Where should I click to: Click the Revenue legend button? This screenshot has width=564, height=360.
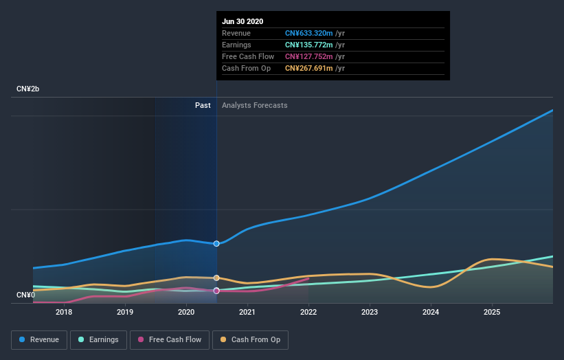(x=40, y=339)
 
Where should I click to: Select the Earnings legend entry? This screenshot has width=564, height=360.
(x=98, y=339)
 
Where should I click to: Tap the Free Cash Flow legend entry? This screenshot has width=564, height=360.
(x=170, y=339)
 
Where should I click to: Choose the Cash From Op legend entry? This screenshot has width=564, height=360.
(x=251, y=339)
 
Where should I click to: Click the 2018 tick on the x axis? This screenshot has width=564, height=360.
(x=64, y=312)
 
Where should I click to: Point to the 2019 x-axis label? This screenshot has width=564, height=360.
(x=125, y=312)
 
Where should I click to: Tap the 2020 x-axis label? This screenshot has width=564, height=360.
(x=186, y=312)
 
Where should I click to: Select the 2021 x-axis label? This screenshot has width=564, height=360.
(x=247, y=312)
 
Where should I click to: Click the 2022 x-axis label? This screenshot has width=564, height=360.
(x=308, y=312)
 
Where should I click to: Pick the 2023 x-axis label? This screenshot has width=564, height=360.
(x=370, y=312)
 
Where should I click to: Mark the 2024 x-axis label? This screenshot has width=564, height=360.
(x=431, y=312)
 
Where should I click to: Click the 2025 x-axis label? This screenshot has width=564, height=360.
(x=492, y=312)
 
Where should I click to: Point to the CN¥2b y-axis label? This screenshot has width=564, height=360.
(x=28, y=89)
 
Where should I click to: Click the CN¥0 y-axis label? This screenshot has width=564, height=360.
(x=25, y=295)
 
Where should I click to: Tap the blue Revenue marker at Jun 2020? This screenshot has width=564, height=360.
(x=216, y=244)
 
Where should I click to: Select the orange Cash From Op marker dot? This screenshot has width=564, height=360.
(x=216, y=278)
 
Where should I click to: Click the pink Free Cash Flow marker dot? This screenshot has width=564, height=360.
(x=216, y=291)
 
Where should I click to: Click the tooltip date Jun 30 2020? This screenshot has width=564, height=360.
(x=242, y=21)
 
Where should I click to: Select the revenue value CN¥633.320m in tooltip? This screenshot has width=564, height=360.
(x=309, y=33)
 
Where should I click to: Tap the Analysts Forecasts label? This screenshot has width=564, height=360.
(x=255, y=106)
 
